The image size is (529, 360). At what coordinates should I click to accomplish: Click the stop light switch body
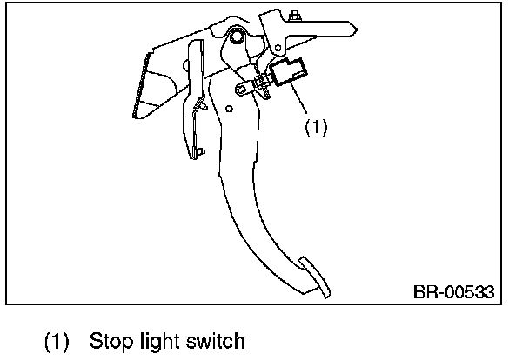[x=290, y=72]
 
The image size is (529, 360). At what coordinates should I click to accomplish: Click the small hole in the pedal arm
[x=228, y=109]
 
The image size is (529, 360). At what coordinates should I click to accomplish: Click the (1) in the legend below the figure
[x=58, y=340]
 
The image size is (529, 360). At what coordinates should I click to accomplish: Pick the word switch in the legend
[x=218, y=340]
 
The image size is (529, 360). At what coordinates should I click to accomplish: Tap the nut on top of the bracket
[x=296, y=15]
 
